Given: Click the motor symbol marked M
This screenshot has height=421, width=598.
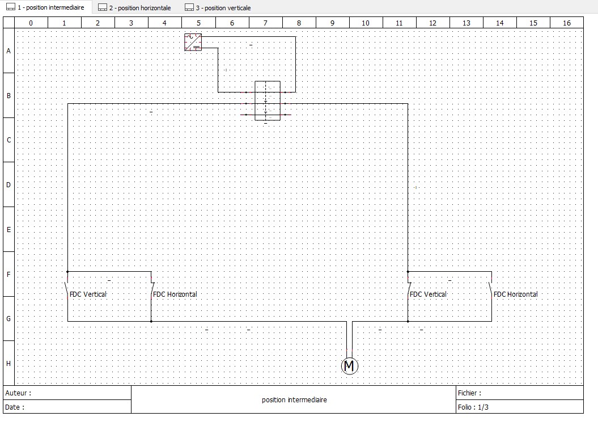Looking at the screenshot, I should (x=350, y=366).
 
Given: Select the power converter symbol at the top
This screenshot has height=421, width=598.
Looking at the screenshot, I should (x=193, y=42).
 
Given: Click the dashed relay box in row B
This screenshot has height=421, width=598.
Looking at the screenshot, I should (x=267, y=100).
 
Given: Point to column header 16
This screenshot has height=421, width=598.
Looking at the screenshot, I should (x=567, y=23).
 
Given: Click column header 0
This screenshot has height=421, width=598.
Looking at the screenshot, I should (x=31, y=23).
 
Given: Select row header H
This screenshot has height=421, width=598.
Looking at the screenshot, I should (x=9, y=363).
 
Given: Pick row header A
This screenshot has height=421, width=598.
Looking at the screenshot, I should (x=9, y=50).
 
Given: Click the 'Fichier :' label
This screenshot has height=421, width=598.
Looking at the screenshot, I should (x=469, y=393).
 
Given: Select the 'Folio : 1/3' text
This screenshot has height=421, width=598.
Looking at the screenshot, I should (x=473, y=407).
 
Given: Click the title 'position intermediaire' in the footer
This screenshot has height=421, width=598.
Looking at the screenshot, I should (x=294, y=400).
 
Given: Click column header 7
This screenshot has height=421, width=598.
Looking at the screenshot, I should (x=265, y=23).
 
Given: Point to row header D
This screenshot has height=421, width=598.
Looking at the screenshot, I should (x=9, y=184).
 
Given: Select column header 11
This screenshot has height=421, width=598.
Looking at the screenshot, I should (x=399, y=23).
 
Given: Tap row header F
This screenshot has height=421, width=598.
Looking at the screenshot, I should (x=9, y=274).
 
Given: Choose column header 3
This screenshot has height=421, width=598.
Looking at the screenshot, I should (x=132, y=23).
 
